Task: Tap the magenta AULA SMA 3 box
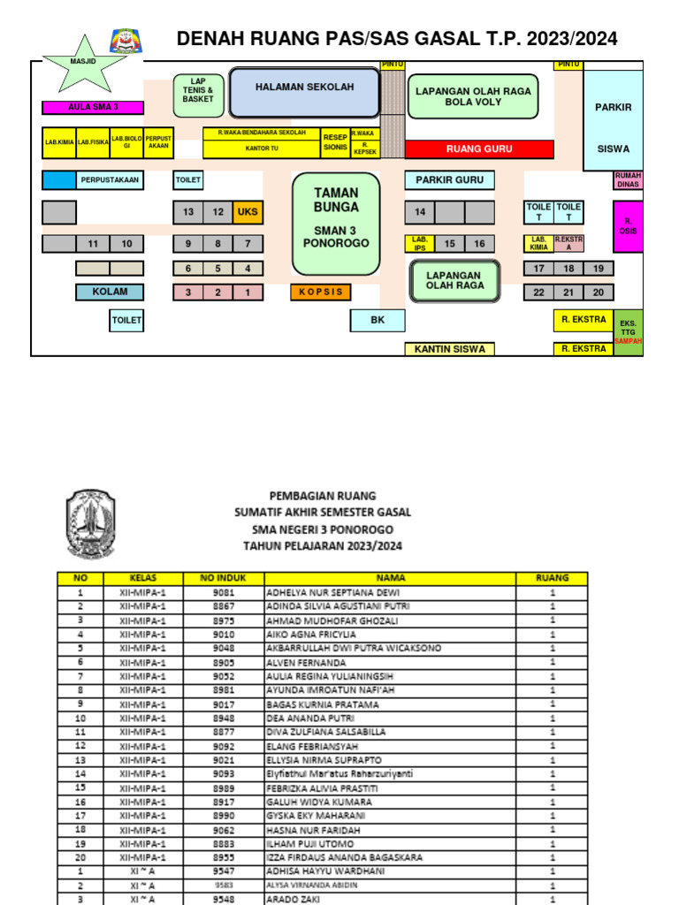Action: click(93, 108)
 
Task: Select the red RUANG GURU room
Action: click(479, 148)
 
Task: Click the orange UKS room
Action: click(248, 212)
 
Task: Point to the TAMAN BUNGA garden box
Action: click(336, 223)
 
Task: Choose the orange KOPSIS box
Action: click(320, 292)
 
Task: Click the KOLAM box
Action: click(110, 292)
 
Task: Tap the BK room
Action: click(378, 320)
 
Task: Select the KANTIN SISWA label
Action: click(450, 349)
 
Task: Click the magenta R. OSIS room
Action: click(628, 226)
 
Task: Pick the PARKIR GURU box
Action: click(449, 180)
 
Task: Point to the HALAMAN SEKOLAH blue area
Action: click(304, 93)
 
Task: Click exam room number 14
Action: click(420, 212)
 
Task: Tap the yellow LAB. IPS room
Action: click(419, 243)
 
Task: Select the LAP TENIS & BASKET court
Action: click(198, 90)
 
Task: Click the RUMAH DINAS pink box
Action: click(628, 180)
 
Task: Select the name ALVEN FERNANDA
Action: click(307, 662)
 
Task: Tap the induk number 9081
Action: click(225, 592)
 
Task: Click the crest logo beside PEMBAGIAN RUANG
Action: click(90, 523)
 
